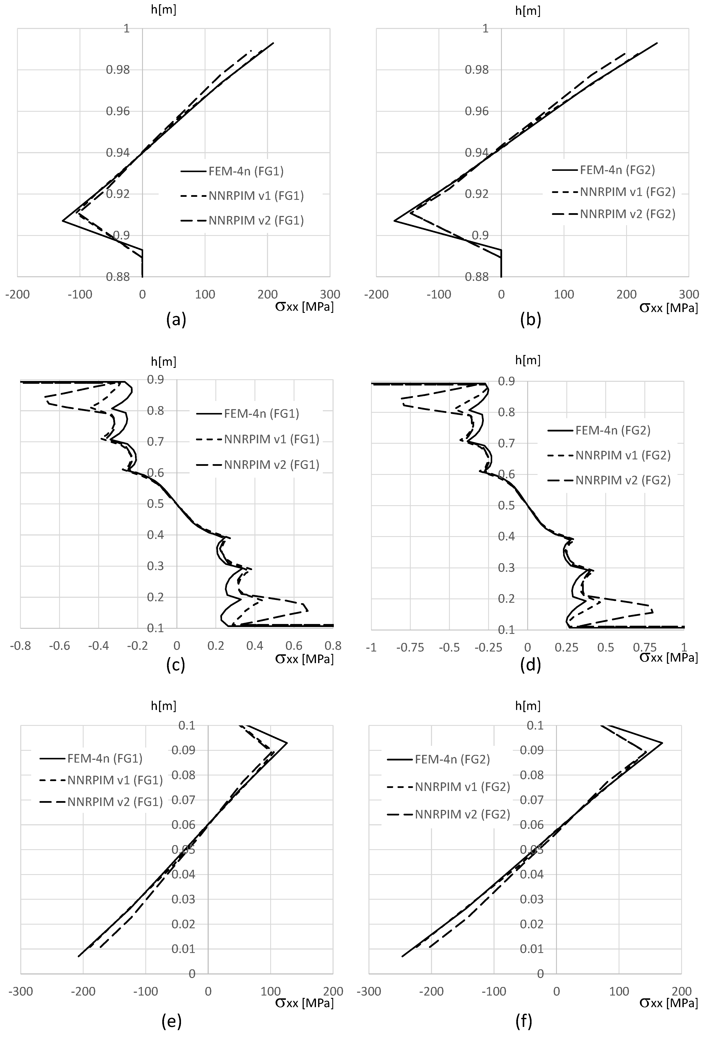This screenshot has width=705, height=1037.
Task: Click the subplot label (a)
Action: tap(176, 320)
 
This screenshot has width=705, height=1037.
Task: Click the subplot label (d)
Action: tap(530, 665)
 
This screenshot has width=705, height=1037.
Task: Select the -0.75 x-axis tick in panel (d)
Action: tap(410, 647)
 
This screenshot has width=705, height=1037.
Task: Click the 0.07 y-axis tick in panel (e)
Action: tap(183, 800)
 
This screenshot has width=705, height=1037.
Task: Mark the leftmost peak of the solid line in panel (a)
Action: tap(63, 220)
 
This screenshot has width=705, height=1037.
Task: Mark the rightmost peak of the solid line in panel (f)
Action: tap(662, 743)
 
